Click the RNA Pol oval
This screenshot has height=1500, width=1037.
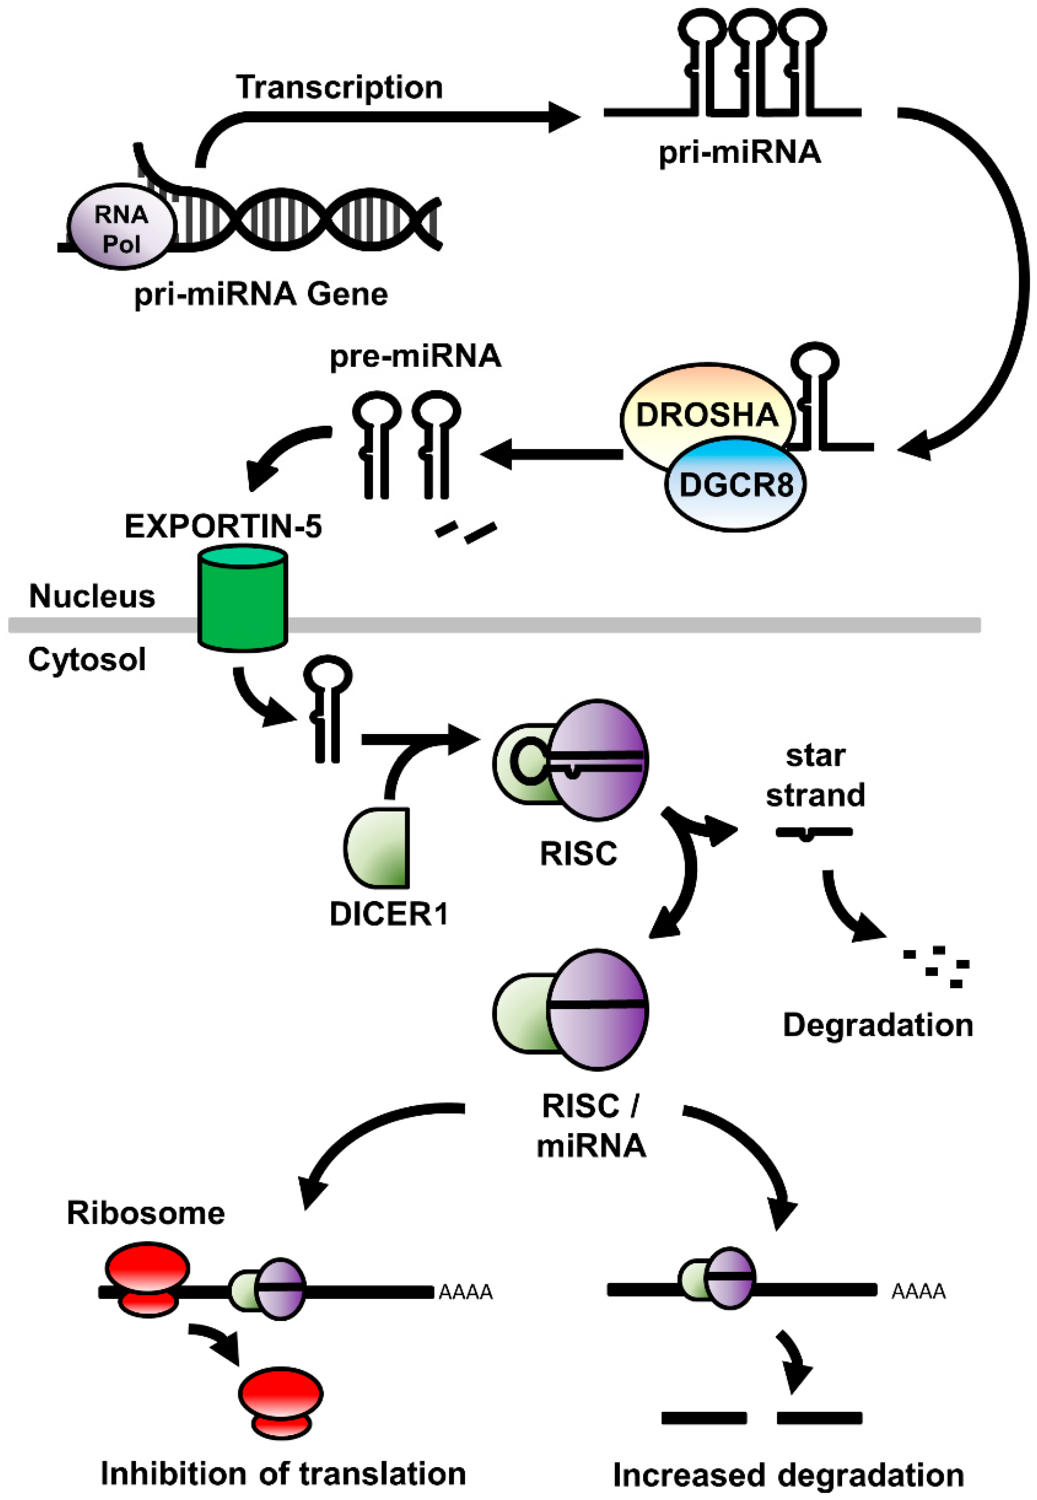click(122, 227)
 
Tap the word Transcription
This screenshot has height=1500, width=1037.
click(339, 87)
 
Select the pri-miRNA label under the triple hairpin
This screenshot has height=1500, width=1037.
click(739, 153)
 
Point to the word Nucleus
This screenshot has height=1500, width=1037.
click(92, 596)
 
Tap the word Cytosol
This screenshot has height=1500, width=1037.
click(87, 659)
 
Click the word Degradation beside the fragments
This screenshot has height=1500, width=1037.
click(878, 1025)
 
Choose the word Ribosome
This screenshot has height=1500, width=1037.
click(146, 1213)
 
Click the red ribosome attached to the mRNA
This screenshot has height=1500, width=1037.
click(148, 1279)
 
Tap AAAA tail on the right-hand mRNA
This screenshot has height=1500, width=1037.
click(918, 1292)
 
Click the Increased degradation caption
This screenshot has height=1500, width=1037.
click(788, 1475)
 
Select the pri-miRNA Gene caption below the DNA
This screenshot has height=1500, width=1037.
click(261, 294)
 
